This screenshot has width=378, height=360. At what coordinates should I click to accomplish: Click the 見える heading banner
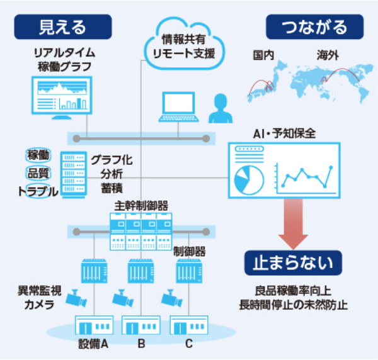62,27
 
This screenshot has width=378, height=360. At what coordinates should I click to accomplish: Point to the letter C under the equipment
189,344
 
